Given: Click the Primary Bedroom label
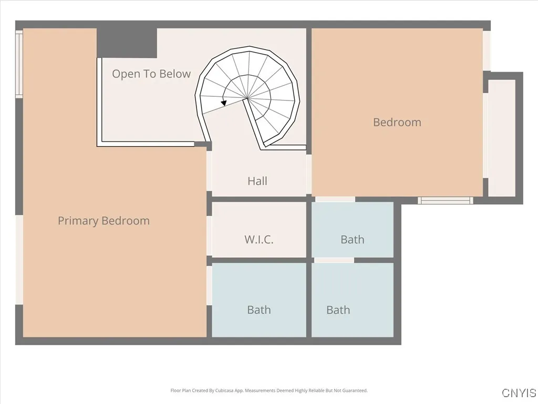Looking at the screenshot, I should [x=104, y=221].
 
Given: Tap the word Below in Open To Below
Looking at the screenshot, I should [x=175, y=74].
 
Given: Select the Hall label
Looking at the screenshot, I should [x=257, y=181].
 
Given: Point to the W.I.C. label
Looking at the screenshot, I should [x=259, y=239].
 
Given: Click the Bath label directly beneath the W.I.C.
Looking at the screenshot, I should [x=259, y=310].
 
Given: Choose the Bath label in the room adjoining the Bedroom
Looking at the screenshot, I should [x=352, y=239].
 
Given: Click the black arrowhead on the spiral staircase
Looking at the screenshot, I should [x=224, y=103].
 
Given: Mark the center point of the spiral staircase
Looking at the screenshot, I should [x=247, y=98].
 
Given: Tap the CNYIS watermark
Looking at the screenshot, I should [x=519, y=393].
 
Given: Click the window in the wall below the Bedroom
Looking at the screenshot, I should [x=446, y=200].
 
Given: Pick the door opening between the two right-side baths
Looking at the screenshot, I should [x=334, y=260].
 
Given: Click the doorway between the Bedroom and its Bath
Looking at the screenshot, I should [x=335, y=199].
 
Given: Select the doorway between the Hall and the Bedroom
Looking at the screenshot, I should [x=309, y=174].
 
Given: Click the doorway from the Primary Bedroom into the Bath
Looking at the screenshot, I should [x=209, y=285].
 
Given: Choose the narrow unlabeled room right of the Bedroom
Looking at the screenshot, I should [x=502, y=138].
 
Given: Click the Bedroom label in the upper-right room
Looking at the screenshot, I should [x=397, y=123].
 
